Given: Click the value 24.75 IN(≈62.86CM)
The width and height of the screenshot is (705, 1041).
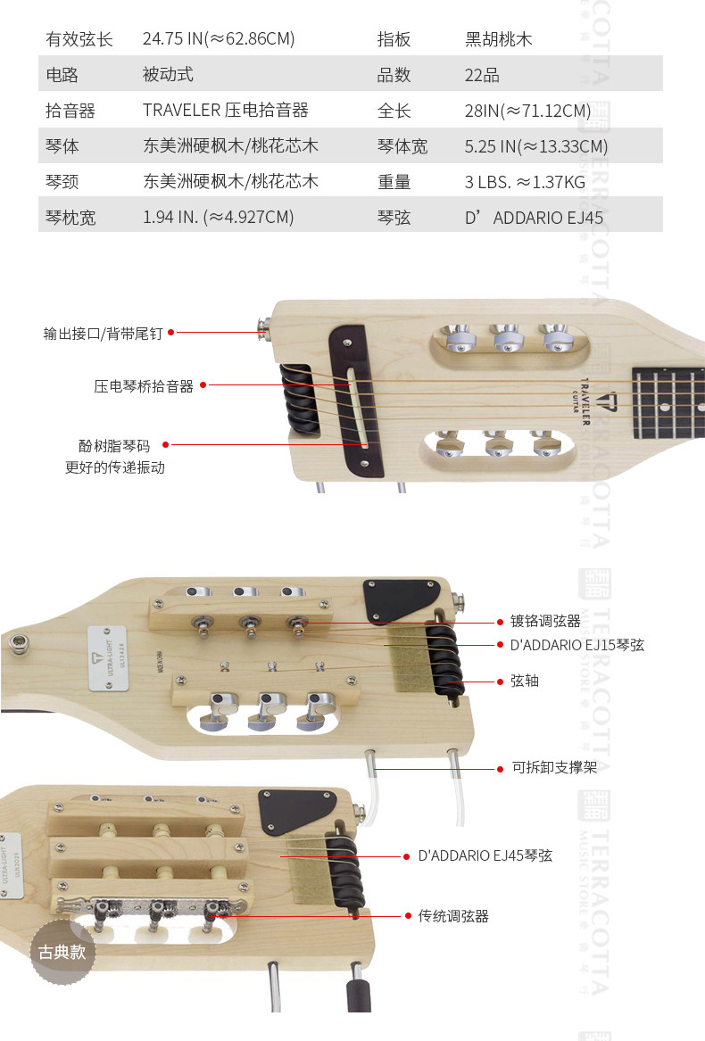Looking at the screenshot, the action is click(x=219, y=39).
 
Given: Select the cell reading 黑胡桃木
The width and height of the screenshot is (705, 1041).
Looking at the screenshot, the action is click(x=499, y=39).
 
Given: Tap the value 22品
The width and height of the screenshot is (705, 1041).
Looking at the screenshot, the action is click(x=482, y=75).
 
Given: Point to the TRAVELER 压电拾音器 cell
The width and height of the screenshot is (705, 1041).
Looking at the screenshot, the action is click(x=226, y=111).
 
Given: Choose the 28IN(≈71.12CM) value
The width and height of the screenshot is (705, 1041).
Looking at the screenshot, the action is click(x=527, y=111).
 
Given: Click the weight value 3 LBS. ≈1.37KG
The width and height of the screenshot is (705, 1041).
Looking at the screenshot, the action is click(x=525, y=182).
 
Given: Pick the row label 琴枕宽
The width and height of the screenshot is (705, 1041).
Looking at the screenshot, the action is click(x=70, y=218).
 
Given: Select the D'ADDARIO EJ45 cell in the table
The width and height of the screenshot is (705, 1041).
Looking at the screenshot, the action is click(x=534, y=218).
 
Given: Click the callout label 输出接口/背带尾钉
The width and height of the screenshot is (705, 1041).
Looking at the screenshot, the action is click(x=103, y=334).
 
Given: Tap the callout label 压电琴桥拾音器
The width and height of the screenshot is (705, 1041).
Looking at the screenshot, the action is click(x=144, y=386).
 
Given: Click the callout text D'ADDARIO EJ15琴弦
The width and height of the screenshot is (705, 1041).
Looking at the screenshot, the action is click(x=576, y=645).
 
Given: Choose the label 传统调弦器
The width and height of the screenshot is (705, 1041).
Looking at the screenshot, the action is click(x=453, y=916).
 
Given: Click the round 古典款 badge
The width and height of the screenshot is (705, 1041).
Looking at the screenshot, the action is click(x=62, y=952).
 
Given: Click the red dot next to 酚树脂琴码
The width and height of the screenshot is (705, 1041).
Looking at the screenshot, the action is click(x=165, y=444).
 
